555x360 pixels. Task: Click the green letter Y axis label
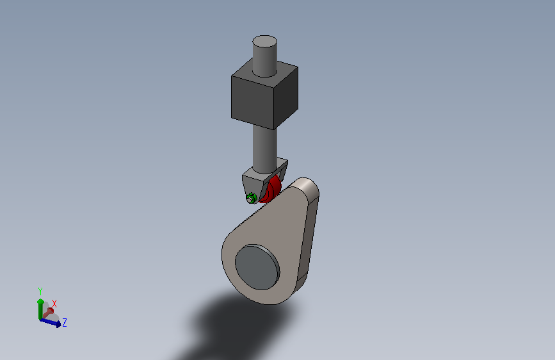(40, 291)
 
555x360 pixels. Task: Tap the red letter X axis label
(54, 304)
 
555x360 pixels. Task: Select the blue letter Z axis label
(65, 322)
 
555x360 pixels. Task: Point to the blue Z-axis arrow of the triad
(51, 322)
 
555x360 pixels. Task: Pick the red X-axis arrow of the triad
(48, 313)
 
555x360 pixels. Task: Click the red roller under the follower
(271, 191)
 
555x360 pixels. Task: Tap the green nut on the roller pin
(251, 198)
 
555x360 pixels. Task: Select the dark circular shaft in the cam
(257, 267)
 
